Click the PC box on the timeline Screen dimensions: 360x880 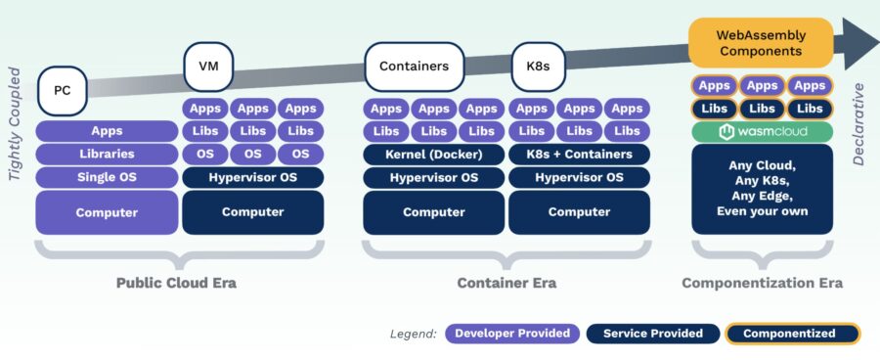tap(63, 91)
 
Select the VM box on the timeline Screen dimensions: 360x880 tap(207, 67)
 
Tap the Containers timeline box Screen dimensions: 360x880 tap(414, 67)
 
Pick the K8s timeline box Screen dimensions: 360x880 tap(537, 67)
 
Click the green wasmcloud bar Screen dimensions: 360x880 tap(762, 132)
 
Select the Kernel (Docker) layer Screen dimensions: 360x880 tap(434, 155)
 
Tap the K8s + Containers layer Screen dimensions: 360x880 tap(579, 155)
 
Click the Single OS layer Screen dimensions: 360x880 tap(107, 177)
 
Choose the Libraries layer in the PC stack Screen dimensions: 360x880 tap(107, 154)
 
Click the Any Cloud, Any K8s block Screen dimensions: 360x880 tap(762, 188)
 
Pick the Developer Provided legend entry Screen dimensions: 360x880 tap(512, 334)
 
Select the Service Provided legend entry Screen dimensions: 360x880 tap(652, 334)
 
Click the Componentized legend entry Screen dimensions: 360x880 tap(791, 334)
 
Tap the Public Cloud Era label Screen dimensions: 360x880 tap(176, 283)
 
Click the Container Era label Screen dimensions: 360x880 tap(506, 283)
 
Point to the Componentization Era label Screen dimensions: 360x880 tap(762, 283)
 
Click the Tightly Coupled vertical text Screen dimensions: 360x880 tap(16, 123)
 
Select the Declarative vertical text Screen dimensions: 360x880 tap(859, 124)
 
